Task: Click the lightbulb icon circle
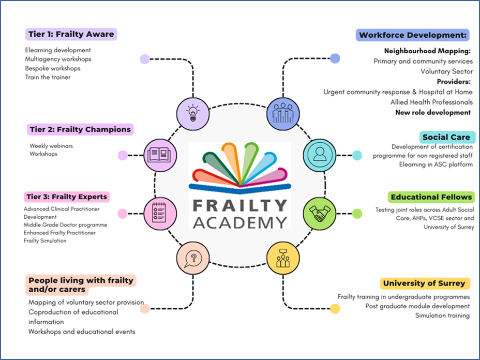193,114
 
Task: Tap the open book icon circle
160,155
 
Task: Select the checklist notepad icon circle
160,214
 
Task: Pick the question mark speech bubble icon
193,258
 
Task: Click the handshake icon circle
320,214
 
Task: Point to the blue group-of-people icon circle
283,114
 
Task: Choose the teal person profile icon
320,155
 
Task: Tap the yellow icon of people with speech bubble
283,258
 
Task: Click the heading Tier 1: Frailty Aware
71,34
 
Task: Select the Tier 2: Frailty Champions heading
80,129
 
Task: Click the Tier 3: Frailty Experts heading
67,197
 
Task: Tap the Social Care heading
446,137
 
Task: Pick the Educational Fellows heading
431,197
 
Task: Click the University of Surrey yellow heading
424,283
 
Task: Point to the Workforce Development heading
413,35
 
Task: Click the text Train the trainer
48,77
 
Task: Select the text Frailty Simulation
45,241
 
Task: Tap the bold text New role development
433,112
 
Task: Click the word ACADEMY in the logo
240,222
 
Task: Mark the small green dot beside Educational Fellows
357,214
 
